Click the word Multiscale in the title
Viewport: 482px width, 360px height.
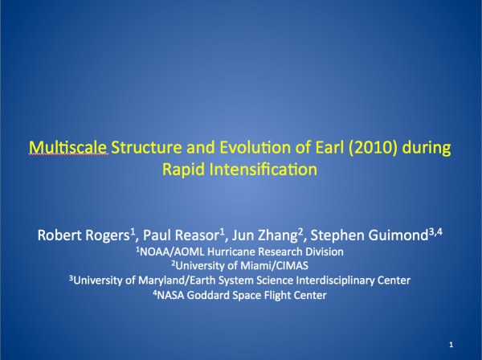click(68, 148)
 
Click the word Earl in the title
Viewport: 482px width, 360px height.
click(329, 148)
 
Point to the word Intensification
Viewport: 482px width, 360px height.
click(263, 170)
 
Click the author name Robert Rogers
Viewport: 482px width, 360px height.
click(84, 235)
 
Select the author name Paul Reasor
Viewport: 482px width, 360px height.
click(181, 235)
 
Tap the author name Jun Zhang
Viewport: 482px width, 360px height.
click(264, 235)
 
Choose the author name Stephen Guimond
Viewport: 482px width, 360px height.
click(370, 235)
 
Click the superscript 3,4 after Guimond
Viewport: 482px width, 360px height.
click(435, 232)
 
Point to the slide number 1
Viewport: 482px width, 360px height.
click(451, 345)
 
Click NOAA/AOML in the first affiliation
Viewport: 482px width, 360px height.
click(172, 252)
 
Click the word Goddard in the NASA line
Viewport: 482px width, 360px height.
click(208, 296)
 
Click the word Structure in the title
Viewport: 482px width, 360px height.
click(147, 148)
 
